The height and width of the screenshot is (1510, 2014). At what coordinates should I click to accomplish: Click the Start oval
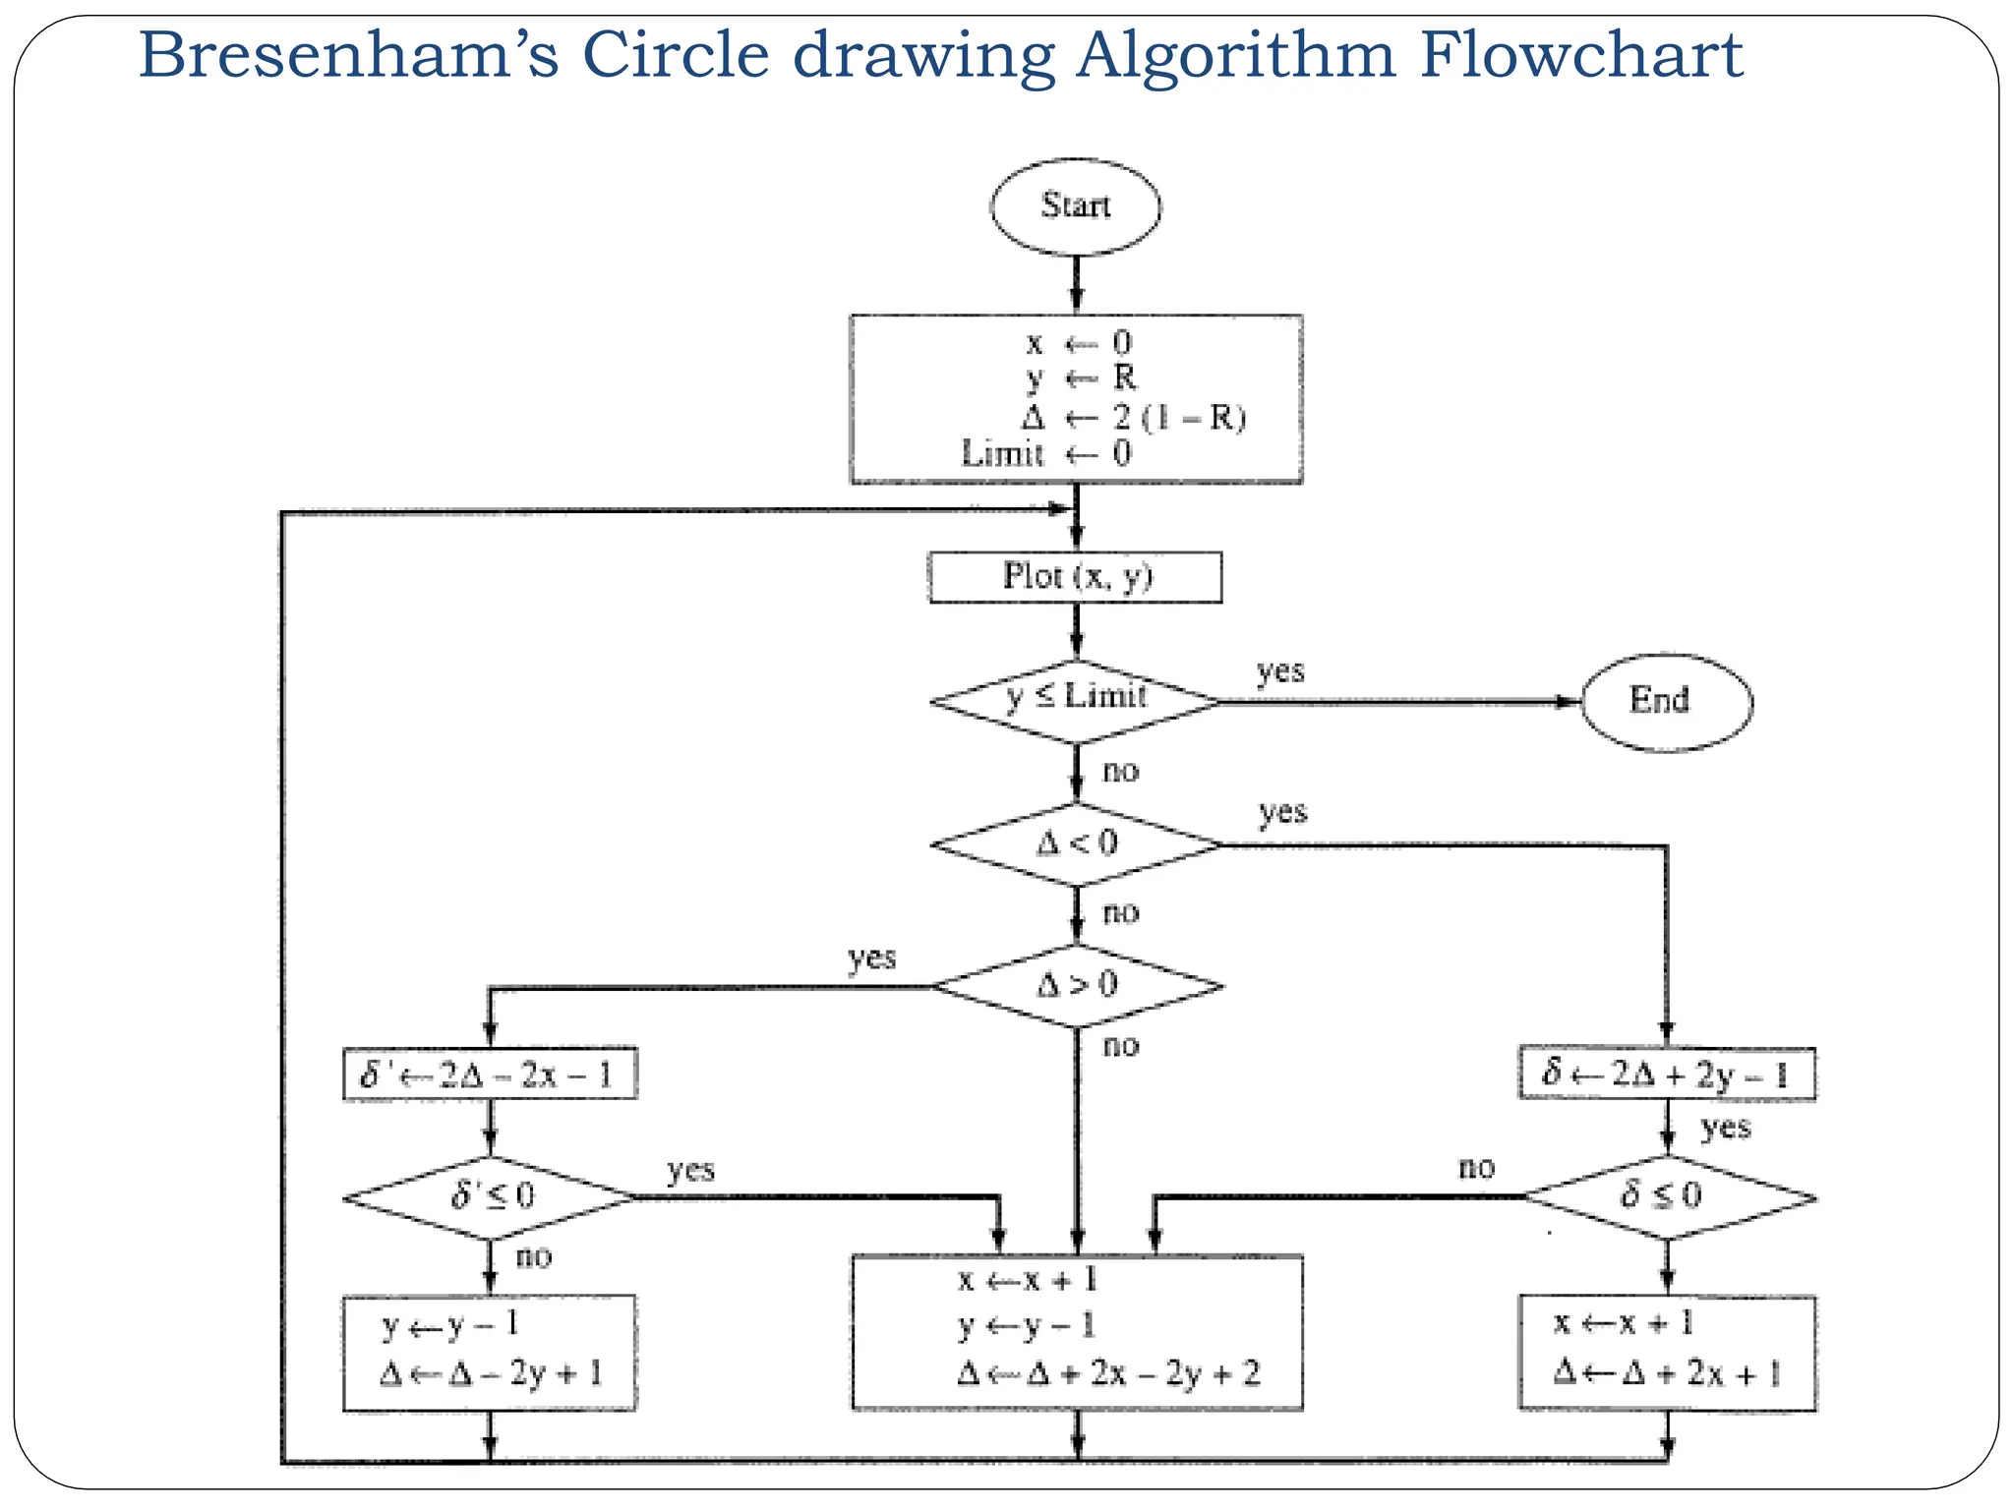(x=1075, y=206)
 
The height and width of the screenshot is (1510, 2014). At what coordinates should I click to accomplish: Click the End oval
(x=1666, y=702)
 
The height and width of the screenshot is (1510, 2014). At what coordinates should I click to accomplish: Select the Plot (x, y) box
(x=1076, y=577)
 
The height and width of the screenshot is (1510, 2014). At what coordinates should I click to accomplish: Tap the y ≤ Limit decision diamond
(x=1076, y=699)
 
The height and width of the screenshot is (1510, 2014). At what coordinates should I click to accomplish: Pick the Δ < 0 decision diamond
(x=1076, y=843)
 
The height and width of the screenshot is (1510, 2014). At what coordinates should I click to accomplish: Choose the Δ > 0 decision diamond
(x=1077, y=985)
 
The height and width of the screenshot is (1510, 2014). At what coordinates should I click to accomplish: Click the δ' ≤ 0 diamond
(x=491, y=1196)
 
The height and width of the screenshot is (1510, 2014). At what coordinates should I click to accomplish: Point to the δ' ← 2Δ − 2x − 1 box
(x=489, y=1074)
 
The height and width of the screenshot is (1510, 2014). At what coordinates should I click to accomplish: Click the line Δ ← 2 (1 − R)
(x=1132, y=418)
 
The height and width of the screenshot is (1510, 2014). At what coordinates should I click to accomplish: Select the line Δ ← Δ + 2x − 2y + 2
(x=1108, y=1373)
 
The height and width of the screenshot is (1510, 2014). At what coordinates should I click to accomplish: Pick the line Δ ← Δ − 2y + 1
(x=490, y=1373)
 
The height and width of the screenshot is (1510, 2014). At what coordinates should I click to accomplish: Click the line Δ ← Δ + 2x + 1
(x=1666, y=1372)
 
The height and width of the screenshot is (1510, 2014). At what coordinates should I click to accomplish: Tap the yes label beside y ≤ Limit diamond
(x=1280, y=671)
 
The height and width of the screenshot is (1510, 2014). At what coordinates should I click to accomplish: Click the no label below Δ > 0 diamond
(x=1120, y=1045)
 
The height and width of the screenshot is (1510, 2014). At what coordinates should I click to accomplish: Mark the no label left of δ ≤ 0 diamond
(x=1476, y=1168)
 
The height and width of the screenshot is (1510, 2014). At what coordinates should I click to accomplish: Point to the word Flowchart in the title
(x=1581, y=55)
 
